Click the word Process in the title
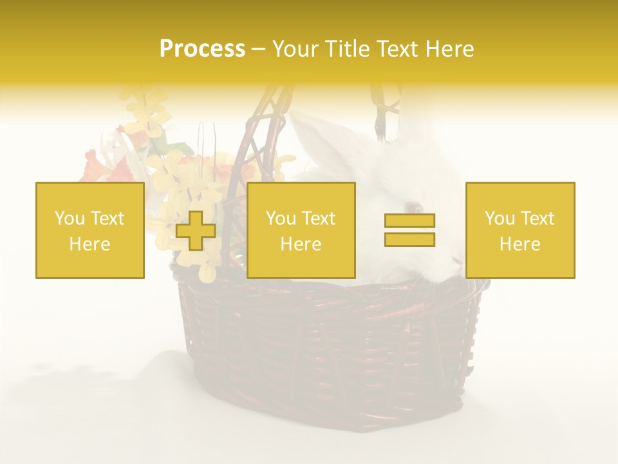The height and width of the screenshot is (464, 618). coord(202,49)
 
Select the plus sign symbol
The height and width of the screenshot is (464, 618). coord(195,231)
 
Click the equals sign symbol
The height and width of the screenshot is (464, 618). coord(409,230)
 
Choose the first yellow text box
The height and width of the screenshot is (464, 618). coord(90,230)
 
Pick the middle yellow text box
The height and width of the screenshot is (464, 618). coord(301,230)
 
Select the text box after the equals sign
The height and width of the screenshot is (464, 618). coord(520,230)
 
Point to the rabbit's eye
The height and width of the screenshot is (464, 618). coord(412,208)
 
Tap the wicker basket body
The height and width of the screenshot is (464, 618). coord(328,348)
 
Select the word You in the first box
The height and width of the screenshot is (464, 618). coord(70,218)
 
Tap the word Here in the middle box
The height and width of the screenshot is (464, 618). coord(301,244)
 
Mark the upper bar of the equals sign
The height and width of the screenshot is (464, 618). coord(409,221)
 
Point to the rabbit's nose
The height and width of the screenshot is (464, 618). coord(456,259)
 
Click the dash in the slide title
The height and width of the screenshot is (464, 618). coord(258,49)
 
